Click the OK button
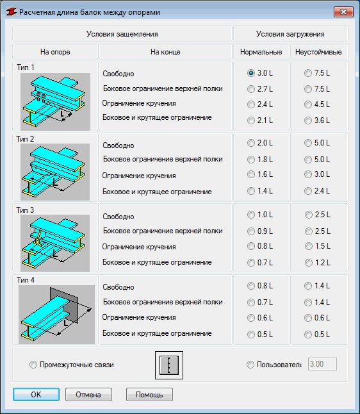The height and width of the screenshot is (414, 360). pyautogui.click(x=36, y=395)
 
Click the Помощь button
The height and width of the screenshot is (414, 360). pyautogui.click(x=149, y=395)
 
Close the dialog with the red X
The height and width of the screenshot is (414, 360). pyautogui.click(x=343, y=12)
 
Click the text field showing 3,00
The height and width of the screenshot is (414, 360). pyautogui.click(x=322, y=364)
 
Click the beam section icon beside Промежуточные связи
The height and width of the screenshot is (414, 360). pyautogui.click(x=169, y=365)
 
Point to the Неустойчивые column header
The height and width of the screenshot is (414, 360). pyautogui.click(x=318, y=52)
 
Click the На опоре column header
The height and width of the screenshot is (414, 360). pyautogui.click(x=55, y=52)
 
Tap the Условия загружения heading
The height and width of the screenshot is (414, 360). pyautogui.click(x=290, y=34)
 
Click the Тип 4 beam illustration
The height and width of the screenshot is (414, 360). pyautogui.click(x=56, y=315)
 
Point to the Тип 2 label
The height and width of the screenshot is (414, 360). pyautogui.click(x=25, y=139)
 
